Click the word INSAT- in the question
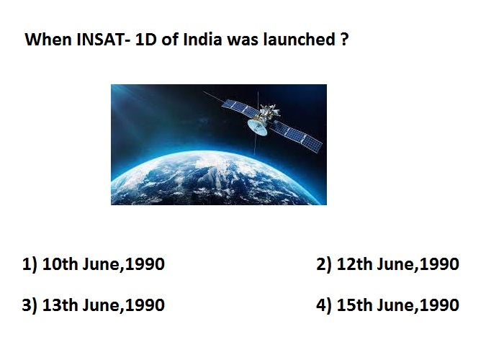tap(103, 40)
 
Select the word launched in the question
tap(299, 40)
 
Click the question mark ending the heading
tap(344, 40)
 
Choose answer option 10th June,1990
tap(103, 264)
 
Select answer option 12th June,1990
tap(397, 264)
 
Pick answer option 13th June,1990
tap(103, 305)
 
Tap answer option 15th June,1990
tap(397, 305)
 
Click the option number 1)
tap(30, 264)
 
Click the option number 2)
tap(324, 264)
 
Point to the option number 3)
tap(30, 305)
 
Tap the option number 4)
tap(324, 305)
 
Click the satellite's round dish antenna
tap(258, 127)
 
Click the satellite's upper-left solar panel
tap(240, 108)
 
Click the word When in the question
tap(48, 40)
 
